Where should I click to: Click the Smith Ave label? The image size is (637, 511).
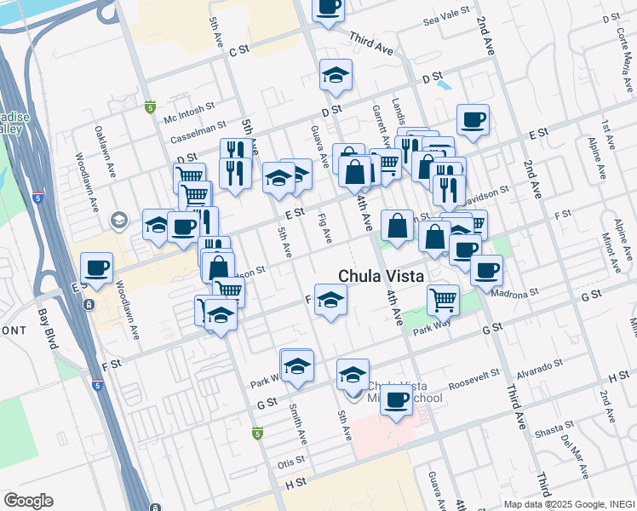299,423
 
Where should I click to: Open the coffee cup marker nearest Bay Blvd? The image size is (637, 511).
96,267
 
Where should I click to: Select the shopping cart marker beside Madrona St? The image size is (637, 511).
443,298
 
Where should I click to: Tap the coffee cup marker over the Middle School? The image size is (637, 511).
396,399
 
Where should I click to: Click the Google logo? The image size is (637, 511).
29,501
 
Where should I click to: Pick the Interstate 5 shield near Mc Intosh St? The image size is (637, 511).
151,107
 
